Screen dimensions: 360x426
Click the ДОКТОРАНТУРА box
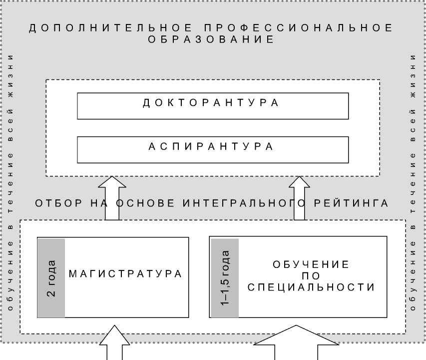pos(213,105)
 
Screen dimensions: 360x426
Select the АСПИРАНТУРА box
pos(213,149)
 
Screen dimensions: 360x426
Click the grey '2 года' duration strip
pos(51,277)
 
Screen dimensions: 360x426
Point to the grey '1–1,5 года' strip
pos(225,277)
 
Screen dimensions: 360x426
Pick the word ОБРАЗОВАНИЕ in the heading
pos(212,40)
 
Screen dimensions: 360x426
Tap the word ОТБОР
pos(57,203)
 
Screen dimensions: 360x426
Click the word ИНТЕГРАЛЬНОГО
pos(244,203)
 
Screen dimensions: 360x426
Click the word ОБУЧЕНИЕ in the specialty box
pos(311,264)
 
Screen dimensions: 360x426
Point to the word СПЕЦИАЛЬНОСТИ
pos(311,288)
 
